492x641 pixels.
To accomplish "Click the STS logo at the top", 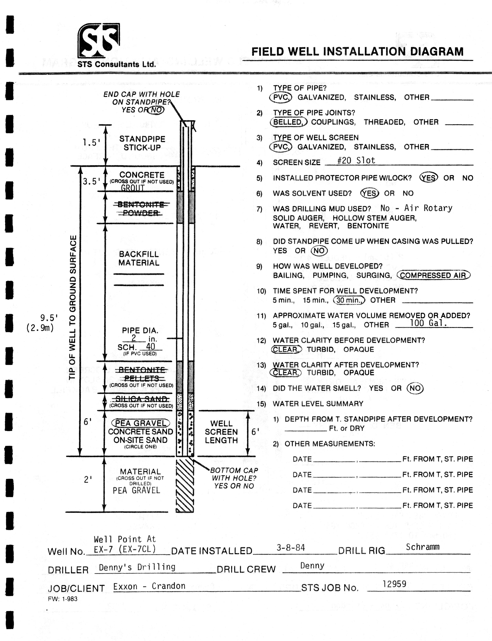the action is tap(99, 40).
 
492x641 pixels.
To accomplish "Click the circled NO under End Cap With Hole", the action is tap(156, 110).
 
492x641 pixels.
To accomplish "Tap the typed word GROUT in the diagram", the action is tap(133, 188).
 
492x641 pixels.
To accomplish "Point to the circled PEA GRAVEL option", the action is tap(141, 423).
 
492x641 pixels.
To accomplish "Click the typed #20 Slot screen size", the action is tap(356, 160).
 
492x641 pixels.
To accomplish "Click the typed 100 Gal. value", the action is tap(428, 323).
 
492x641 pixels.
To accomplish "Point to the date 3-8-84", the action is tap(291, 547).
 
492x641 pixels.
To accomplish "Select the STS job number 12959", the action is tap(394, 584).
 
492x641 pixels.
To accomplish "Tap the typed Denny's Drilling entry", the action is tap(137, 567).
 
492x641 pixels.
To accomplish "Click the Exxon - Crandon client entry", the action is tap(149, 586).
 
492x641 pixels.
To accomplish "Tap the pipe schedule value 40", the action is tap(151, 347).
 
